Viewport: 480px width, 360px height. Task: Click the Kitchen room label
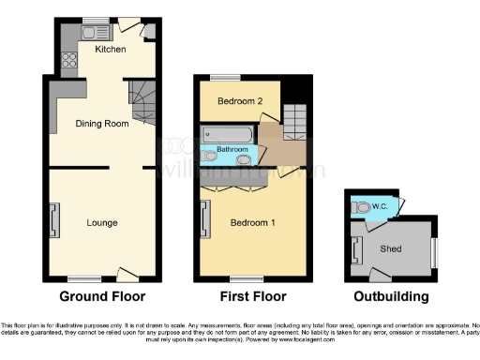point(111,49)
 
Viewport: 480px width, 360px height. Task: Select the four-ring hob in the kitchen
point(68,63)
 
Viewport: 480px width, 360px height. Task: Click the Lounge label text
point(101,222)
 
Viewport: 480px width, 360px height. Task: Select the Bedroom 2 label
point(238,100)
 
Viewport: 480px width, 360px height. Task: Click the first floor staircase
point(295,120)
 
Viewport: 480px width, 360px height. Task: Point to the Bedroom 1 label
point(252,222)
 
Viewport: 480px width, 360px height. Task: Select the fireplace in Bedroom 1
point(203,221)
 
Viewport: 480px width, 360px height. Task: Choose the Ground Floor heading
point(102,297)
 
